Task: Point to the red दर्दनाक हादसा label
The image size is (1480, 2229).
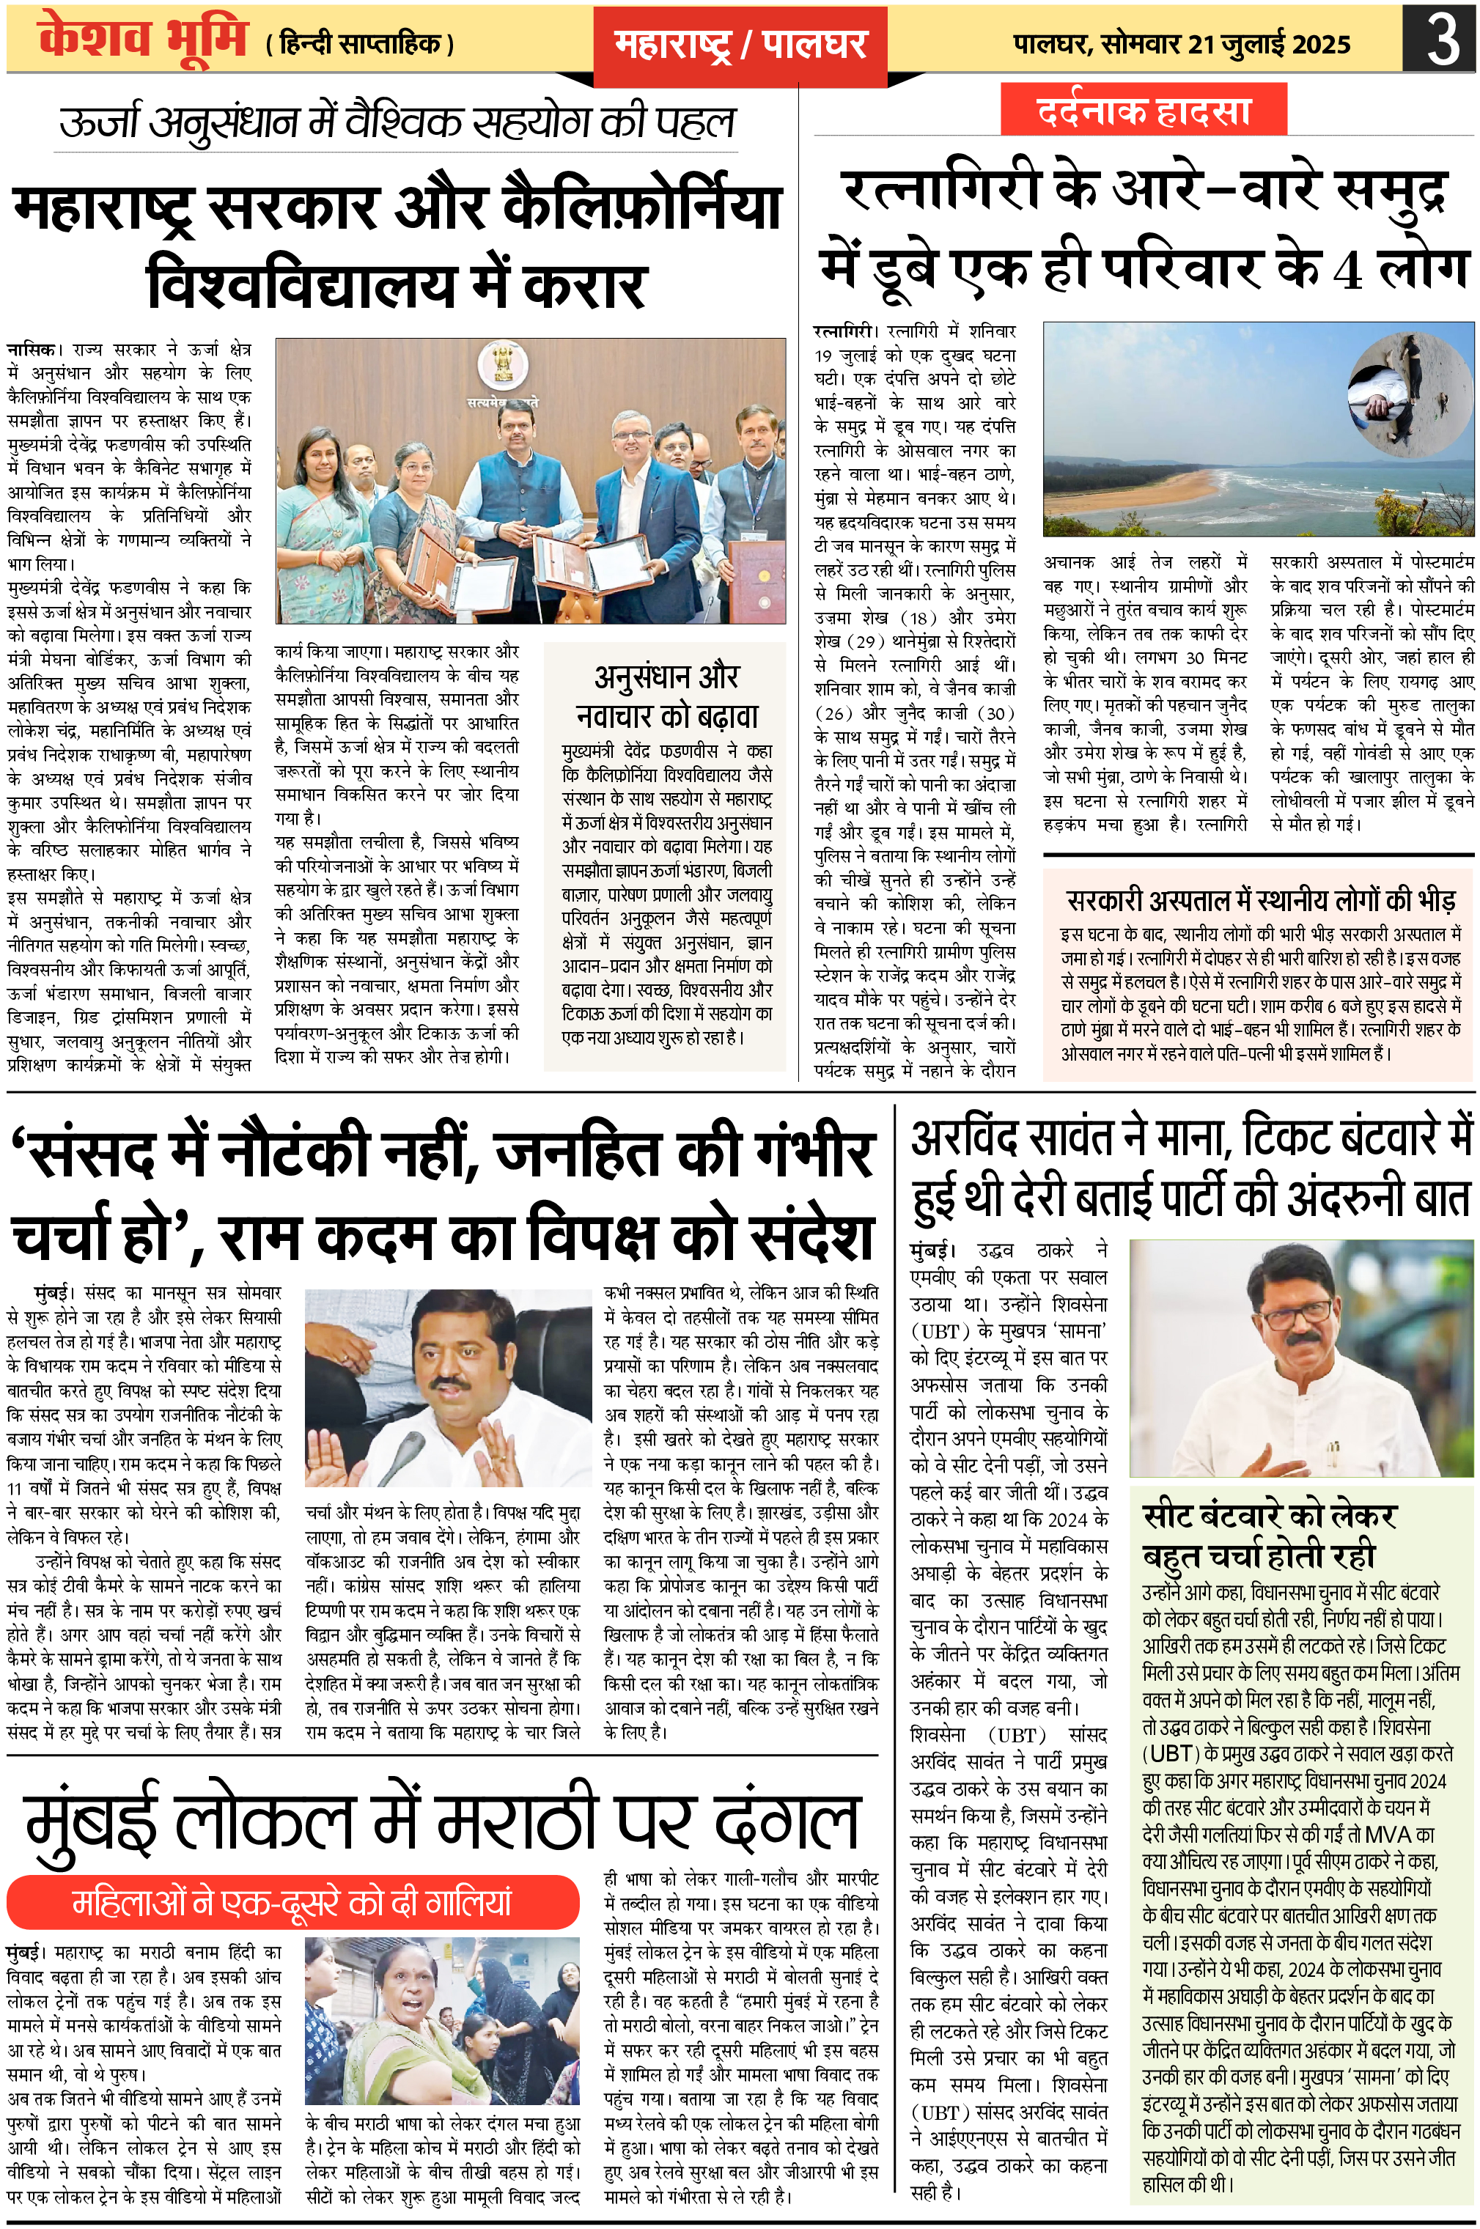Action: [1143, 111]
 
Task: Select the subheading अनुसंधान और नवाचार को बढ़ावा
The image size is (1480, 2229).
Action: [666, 696]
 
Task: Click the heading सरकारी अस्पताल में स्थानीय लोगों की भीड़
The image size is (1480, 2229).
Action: [1260, 899]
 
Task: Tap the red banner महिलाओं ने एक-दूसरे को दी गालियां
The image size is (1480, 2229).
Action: [292, 1901]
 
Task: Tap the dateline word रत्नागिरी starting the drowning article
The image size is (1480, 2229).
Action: [844, 331]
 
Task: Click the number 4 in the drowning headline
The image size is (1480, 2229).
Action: [1345, 272]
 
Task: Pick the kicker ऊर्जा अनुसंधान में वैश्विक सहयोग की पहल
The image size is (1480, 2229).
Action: [397, 122]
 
